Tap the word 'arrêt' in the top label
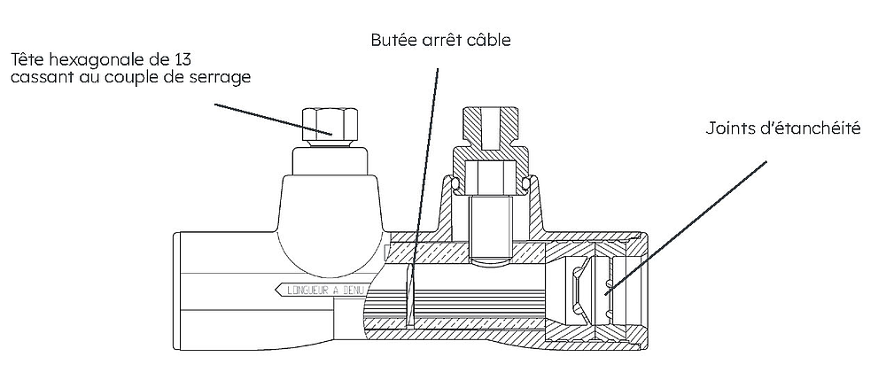440,41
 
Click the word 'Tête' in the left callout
27,60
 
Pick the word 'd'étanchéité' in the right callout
809,129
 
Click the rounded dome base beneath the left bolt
326,221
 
